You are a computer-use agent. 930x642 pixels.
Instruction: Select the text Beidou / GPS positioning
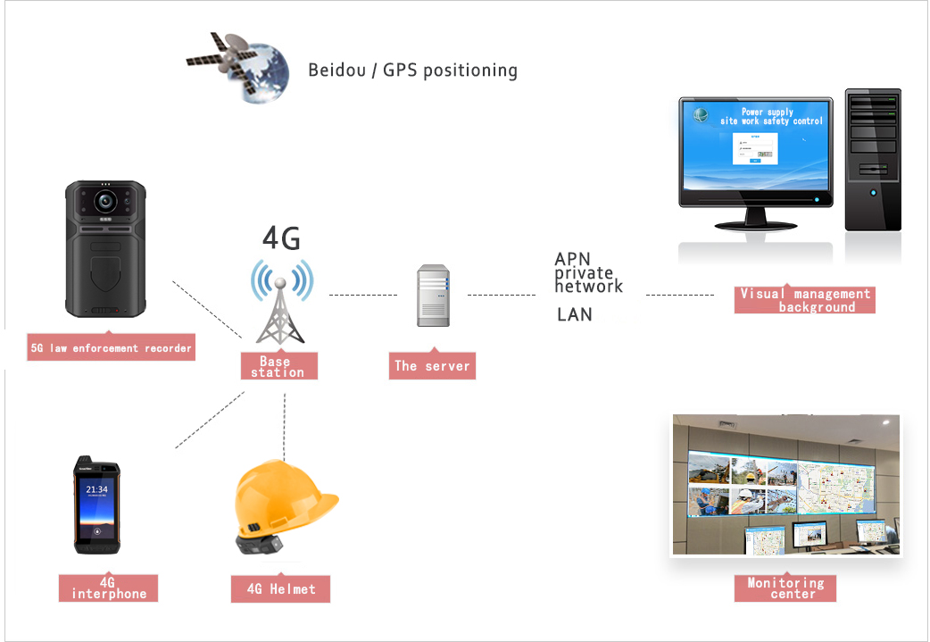pos(412,70)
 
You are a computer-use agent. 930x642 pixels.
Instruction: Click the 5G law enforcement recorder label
pos(112,347)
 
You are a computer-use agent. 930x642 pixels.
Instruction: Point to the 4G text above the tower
pos(280,238)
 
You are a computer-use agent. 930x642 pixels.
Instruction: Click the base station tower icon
pos(280,304)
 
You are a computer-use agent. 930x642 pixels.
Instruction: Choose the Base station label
pos(278,367)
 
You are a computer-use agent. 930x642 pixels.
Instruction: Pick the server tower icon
pos(433,294)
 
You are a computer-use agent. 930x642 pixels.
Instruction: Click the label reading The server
pos(432,365)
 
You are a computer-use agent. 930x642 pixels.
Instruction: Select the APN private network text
pos(588,272)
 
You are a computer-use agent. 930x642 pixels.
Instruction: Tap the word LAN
pos(575,314)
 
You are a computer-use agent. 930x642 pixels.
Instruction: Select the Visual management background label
pos(805,300)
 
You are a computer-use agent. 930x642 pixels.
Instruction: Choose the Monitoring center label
pos(785,588)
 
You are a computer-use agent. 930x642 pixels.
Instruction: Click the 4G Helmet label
pos(280,588)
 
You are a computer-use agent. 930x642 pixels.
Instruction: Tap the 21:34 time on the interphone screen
pos(96,490)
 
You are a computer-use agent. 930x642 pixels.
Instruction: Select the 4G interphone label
pos(108,588)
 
